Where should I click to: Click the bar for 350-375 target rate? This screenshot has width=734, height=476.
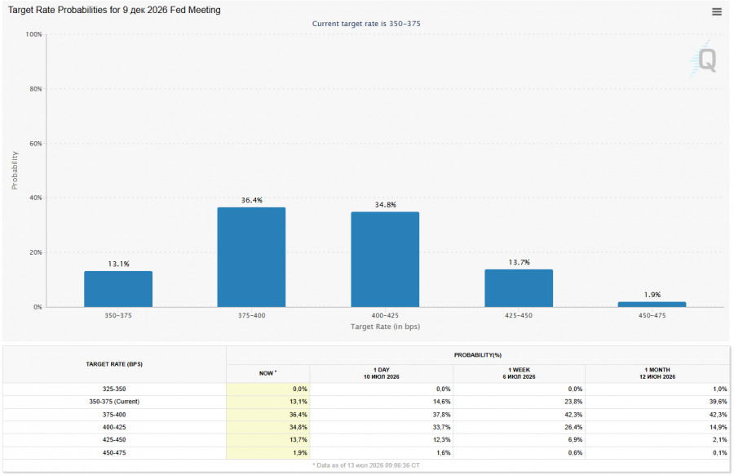(118, 288)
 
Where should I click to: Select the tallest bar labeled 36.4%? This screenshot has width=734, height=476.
(251, 257)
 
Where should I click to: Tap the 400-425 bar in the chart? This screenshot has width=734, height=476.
(385, 259)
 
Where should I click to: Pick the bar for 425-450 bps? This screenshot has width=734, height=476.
(519, 288)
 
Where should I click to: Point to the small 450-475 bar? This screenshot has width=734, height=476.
(652, 305)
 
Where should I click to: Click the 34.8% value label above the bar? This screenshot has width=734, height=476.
(385, 205)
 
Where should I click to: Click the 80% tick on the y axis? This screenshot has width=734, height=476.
(36, 89)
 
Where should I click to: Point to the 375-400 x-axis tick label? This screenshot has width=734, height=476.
(251, 316)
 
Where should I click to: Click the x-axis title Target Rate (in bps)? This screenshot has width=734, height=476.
(385, 327)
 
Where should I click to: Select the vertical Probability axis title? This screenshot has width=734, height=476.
(15, 171)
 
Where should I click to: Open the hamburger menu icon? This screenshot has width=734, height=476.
(717, 11)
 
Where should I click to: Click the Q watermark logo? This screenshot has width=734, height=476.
(705, 60)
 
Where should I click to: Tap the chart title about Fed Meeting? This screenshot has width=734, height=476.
(114, 10)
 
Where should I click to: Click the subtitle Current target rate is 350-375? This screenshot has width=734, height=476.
(366, 24)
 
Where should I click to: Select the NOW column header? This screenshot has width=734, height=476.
(268, 373)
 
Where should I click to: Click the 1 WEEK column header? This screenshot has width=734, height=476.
(519, 373)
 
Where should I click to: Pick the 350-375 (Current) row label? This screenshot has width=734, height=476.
(114, 402)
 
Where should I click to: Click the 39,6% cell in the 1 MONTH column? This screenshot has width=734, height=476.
(719, 402)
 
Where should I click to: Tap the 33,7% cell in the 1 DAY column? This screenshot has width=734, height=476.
(441, 427)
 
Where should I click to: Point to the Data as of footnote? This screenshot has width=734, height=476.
(366, 465)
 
